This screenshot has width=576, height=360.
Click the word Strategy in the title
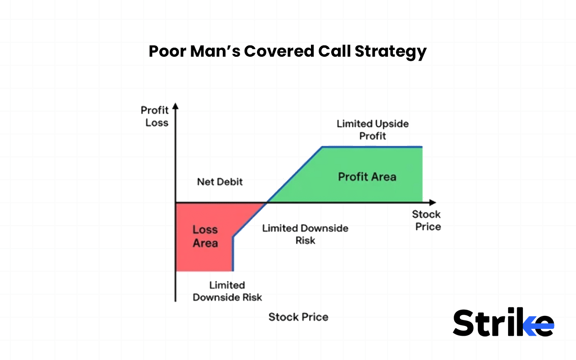tap(390, 52)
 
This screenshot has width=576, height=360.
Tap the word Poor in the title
tap(166, 52)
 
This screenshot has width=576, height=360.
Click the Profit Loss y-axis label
tap(155, 116)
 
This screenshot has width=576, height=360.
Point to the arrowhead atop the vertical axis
tap(175, 107)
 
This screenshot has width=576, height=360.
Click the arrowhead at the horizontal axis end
tap(432, 202)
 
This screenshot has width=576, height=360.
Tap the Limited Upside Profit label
tap(373, 130)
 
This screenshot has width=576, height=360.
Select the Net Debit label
tap(220, 182)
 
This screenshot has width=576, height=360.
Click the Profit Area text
tap(367, 176)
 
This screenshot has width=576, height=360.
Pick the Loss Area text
tap(205, 236)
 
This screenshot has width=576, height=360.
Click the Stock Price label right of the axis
tap(427, 220)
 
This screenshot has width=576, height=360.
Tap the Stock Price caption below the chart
tap(298, 317)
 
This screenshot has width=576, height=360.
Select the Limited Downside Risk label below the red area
tap(227, 291)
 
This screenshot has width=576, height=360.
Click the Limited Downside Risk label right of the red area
tap(305, 234)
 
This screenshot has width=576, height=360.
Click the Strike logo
tap(503, 322)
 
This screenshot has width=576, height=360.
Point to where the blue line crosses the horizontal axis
tap(267, 202)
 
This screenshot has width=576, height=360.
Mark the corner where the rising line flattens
tap(322, 147)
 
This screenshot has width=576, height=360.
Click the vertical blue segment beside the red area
tap(233, 254)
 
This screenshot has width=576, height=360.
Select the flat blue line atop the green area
tap(372, 147)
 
